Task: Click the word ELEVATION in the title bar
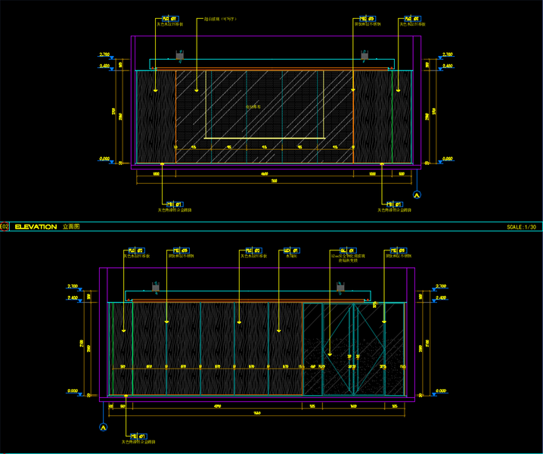click(x=36, y=226)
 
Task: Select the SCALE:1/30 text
click(x=522, y=226)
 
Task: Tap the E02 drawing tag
click(x=5, y=226)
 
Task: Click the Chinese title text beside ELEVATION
click(x=70, y=226)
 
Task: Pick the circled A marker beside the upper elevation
click(x=415, y=195)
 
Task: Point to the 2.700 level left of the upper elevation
click(x=105, y=55)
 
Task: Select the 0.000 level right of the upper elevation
click(x=447, y=159)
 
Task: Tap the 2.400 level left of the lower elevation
click(x=73, y=298)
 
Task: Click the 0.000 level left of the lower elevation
click(x=73, y=390)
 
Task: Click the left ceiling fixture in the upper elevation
click(x=180, y=55)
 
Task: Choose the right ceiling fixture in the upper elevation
click(x=365, y=55)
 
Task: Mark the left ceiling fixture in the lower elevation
click(x=155, y=287)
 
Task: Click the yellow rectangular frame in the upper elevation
click(x=265, y=104)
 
